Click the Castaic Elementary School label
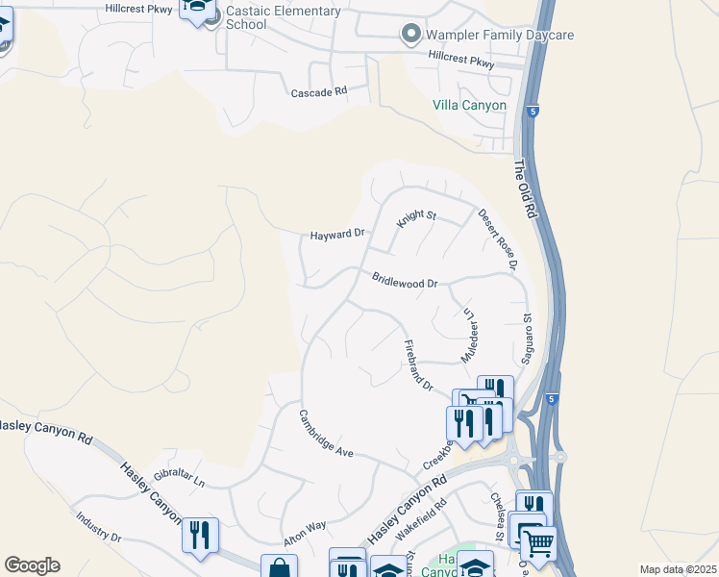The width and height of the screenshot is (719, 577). click(284, 17)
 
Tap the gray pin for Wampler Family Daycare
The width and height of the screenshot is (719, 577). click(411, 35)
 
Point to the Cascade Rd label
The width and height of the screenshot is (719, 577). click(318, 93)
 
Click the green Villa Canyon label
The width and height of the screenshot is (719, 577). click(469, 105)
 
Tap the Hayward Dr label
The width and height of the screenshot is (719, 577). click(338, 234)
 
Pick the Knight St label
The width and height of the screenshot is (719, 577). click(417, 217)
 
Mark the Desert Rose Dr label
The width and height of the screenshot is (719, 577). click(498, 239)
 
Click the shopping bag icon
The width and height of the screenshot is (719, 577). click(279, 567)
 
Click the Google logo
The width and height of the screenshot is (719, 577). click(32, 565)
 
